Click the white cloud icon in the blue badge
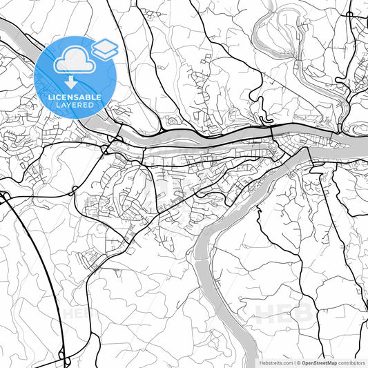(x=75, y=61)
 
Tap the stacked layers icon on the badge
(x=105, y=48)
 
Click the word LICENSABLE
(x=75, y=97)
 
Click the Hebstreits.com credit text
(x=274, y=362)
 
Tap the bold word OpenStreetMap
(x=318, y=362)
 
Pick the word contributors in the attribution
(x=351, y=362)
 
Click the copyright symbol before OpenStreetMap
(x=298, y=362)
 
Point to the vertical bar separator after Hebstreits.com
(x=293, y=362)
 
